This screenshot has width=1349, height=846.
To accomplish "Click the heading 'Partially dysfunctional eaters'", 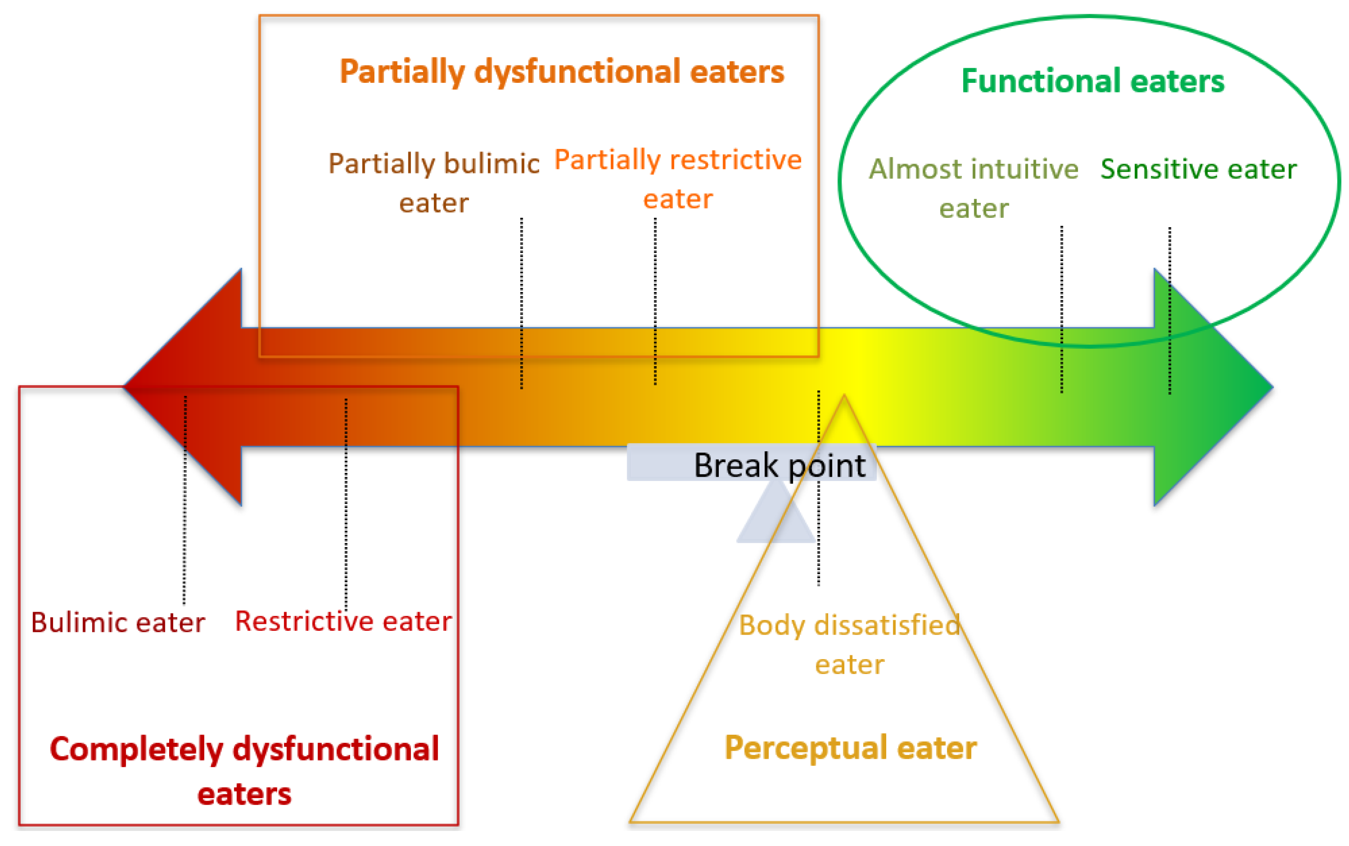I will (x=562, y=72).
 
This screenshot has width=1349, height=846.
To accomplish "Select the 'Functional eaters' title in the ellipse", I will (x=1092, y=81).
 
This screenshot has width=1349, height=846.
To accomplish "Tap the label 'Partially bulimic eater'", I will (x=434, y=182).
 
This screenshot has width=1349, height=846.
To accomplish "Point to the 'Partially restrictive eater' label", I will (x=677, y=179).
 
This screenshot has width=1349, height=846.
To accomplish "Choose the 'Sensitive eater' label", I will (x=1198, y=169).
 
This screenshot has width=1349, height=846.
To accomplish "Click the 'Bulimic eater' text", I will (x=118, y=622).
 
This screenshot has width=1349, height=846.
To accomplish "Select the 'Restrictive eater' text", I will (x=343, y=621).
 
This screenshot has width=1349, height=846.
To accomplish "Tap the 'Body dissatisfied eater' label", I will (x=849, y=644).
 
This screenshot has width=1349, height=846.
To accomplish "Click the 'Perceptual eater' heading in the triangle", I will (x=850, y=748).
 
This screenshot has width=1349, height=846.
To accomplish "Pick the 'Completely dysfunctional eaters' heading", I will (x=244, y=771).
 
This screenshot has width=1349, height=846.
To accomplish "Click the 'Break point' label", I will (x=779, y=465).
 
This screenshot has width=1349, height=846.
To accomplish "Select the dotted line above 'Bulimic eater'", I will (x=185, y=498).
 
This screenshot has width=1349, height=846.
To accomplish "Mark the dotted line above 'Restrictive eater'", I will (x=346, y=503).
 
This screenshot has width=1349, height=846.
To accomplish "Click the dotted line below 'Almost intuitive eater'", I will (x=1062, y=308).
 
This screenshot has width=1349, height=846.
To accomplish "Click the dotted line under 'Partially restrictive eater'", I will (x=655, y=302).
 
